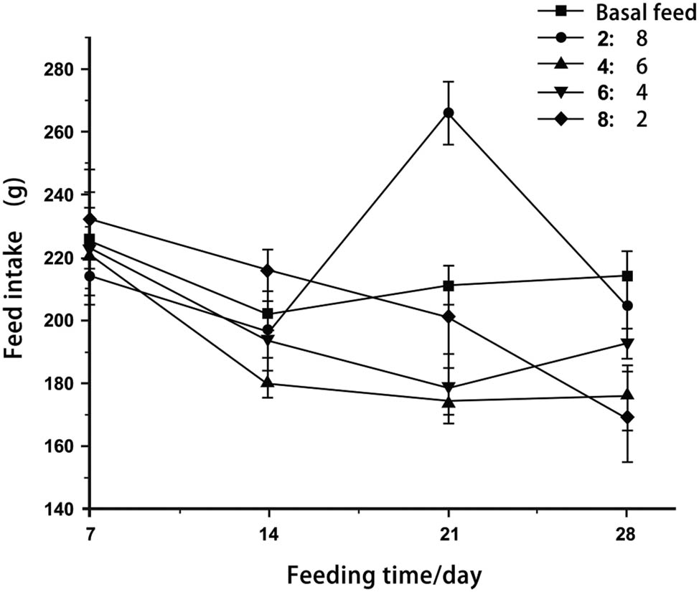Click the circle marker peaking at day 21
click(x=449, y=113)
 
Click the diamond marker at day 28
click(x=627, y=417)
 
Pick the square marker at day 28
click(x=627, y=276)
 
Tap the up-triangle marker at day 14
click(x=268, y=382)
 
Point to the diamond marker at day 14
click(x=268, y=271)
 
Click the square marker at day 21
click(x=449, y=286)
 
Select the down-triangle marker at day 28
click(x=627, y=343)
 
